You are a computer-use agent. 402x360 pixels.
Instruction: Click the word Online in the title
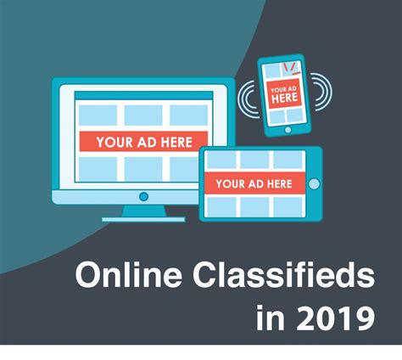pyautogui.click(x=128, y=275)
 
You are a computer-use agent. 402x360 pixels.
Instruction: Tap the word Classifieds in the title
pyautogui.click(x=283, y=275)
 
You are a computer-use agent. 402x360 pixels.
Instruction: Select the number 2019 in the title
pyautogui.click(x=336, y=318)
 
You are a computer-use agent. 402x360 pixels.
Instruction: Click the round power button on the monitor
pyautogui.click(x=144, y=196)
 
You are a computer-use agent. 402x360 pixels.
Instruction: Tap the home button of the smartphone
pyautogui.click(x=288, y=130)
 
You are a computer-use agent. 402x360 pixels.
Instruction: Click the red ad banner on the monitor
pyautogui.click(x=143, y=141)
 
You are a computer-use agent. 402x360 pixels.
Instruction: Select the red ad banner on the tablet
pyautogui.click(x=254, y=183)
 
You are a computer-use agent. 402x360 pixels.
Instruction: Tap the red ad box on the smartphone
pyautogui.click(x=284, y=94)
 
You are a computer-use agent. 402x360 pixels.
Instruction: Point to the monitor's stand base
pyautogui.click(x=143, y=219)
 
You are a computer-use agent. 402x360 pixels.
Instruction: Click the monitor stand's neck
pyautogui.click(x=144, y=211)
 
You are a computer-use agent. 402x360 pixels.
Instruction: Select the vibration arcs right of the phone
pyautogui.click(x=321, y=92)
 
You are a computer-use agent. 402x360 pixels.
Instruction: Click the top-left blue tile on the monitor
pyautogui.click(x=98, y=115)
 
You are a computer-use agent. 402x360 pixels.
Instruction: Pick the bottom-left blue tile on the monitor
pyautogui.click(x=98, y=169)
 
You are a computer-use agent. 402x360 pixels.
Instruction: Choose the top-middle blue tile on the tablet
pyautogui.click(x=254, y=160)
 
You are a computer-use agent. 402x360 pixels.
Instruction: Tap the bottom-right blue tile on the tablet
pyautogui.click(x=288, y=207)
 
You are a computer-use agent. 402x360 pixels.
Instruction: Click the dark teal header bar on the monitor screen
pyautogui.click(x=143, y=95)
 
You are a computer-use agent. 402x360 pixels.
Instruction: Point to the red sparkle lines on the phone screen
pyautogui.click(x=292, y=68)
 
